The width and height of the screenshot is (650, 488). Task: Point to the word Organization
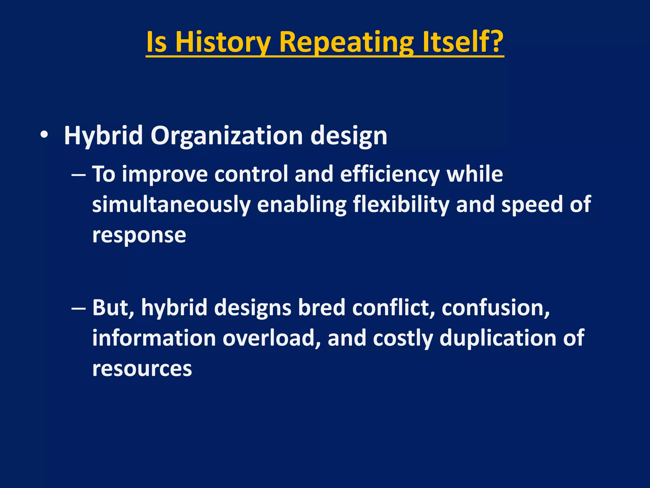point(227,136)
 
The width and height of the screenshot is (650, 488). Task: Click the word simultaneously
point(171,205)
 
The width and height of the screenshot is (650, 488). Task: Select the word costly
point(403,338)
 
